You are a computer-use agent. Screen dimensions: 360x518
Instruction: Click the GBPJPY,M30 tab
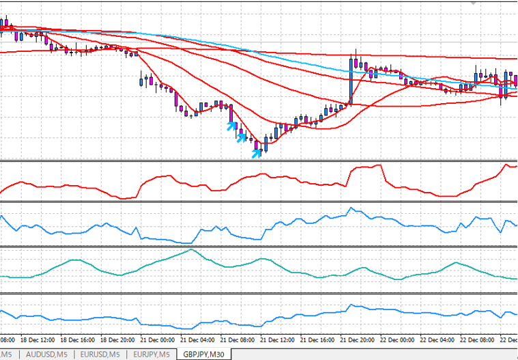pyautogui.click(x=203, y=354)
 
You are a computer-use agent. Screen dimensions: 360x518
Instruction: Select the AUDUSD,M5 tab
pyautogui.click(x=46, y=354)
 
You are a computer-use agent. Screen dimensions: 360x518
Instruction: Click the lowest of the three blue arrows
pyautogui.click(x=256, y=153)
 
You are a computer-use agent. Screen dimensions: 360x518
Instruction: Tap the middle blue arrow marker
pyautogui.click(x=241, y=138)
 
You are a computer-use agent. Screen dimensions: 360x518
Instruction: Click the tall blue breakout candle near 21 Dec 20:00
pyautogui.click(x=351, y=79)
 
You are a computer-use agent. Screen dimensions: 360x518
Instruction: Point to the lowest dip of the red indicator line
pyautogui.click(x=124, y=198)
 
